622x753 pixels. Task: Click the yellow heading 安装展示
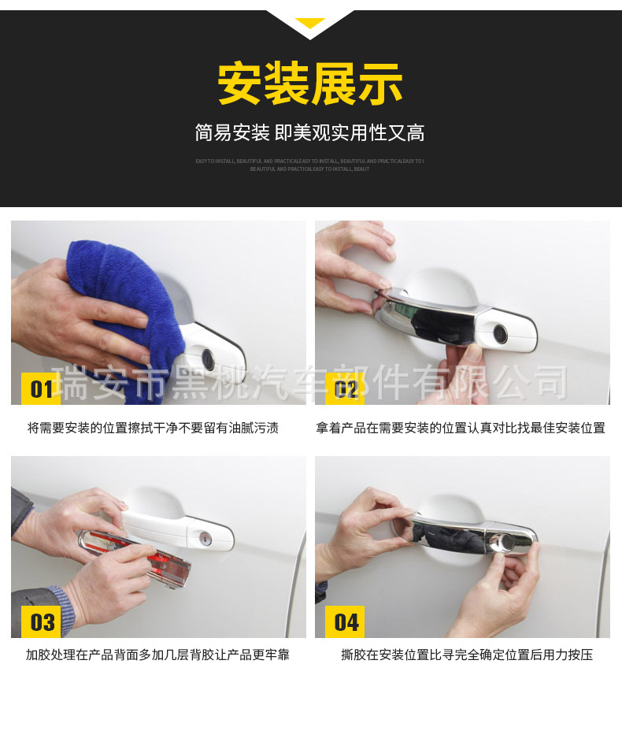point(310,83)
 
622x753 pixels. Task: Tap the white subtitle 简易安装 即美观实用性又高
point(310,133)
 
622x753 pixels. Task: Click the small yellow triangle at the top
point(310,23)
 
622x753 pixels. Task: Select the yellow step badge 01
point(41,388)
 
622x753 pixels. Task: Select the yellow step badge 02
point(345,388)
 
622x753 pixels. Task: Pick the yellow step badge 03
point(41,622)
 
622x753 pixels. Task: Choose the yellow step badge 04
point(345,622)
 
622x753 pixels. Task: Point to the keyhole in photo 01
point(208,358)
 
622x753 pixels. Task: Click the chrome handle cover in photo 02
point(433,319)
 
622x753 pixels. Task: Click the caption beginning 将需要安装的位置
point(153,428)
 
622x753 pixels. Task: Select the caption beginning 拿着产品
point(461,428)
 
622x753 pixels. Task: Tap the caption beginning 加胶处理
point(157,655)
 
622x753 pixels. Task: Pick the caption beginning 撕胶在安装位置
point(466,655)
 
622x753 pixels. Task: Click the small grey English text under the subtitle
point(310,165)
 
